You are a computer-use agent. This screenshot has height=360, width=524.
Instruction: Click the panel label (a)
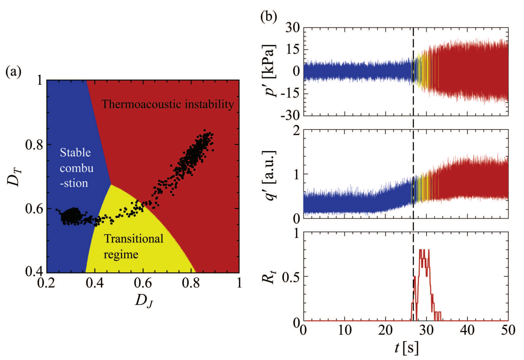tap(13, 72)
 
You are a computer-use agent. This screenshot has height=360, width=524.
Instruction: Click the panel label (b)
tap(269, 16)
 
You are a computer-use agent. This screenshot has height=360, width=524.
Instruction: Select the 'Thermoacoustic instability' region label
tap(168, 104)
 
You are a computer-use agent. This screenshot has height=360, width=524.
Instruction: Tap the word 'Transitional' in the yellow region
tap(134, 239)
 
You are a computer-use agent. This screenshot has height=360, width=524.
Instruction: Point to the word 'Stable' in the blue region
tap(75, 152)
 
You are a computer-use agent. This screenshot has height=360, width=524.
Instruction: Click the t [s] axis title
tap(406, 348)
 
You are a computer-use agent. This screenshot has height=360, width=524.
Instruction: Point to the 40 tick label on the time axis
tap(467, 330)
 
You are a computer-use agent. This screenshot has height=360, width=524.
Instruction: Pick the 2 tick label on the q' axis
tap(297, 130)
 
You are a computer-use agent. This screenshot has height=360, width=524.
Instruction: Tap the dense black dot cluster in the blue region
tap(71, 217)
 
